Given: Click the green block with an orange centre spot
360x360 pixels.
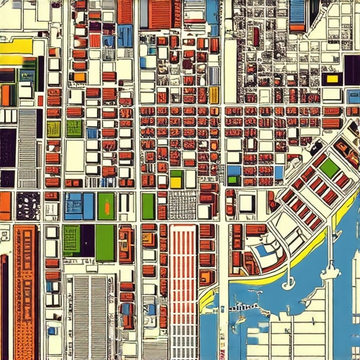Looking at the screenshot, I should pyautogui.click(x=105, y=206).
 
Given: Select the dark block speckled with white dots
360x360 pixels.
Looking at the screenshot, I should pyautogui.click(x=28, y=206).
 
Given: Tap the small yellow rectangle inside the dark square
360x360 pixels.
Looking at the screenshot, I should pyautogui.click(x=332, y=79).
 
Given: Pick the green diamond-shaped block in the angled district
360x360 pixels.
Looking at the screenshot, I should pyautogui.click(x=328, y=167).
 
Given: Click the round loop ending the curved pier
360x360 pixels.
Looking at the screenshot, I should pyautogui.click(x=287, y=284).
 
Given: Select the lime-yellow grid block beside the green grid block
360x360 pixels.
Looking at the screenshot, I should pyautogui.click(x=54, y=129).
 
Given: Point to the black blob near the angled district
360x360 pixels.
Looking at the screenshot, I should pyautogui.click(x=316, y=148).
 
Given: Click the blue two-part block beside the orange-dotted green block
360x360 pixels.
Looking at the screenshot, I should pyautogui.click(x=78, y=206).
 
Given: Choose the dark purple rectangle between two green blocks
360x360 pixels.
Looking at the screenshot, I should pyautogui.click(x=87, y=240).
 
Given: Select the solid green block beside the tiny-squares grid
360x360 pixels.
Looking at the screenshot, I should pyautogui.click(x=148, y=206).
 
